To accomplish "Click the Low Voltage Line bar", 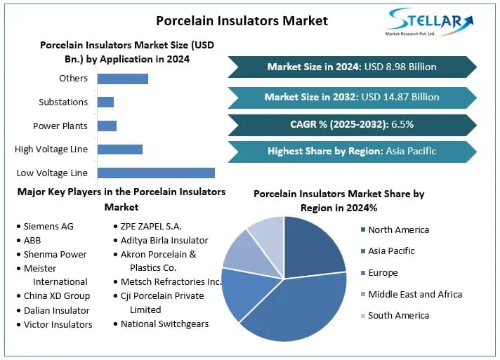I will coord(156,173).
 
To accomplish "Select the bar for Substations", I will coord(105,102).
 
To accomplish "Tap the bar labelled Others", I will coord(123,79).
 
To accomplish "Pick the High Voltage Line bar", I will coord(120,149).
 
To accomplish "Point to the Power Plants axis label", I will coord(60,126).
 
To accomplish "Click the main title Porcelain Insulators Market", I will coord(242,20).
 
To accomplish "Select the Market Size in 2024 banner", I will coord(352,67).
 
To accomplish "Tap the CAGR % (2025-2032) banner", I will coord(352,125).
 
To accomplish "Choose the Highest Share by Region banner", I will coord(352,151).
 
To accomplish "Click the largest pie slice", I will coord(295,309).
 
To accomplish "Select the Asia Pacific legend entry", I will coord(391,251).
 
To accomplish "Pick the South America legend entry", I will coord(398,316).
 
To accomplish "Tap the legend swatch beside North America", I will coord(362,230).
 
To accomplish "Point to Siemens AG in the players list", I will coord(48,227).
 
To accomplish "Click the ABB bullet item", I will coord(32,241).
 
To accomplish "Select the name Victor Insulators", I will coord(58,325).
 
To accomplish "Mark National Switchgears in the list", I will coord(166,324).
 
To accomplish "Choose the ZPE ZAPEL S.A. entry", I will coord(151,227).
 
